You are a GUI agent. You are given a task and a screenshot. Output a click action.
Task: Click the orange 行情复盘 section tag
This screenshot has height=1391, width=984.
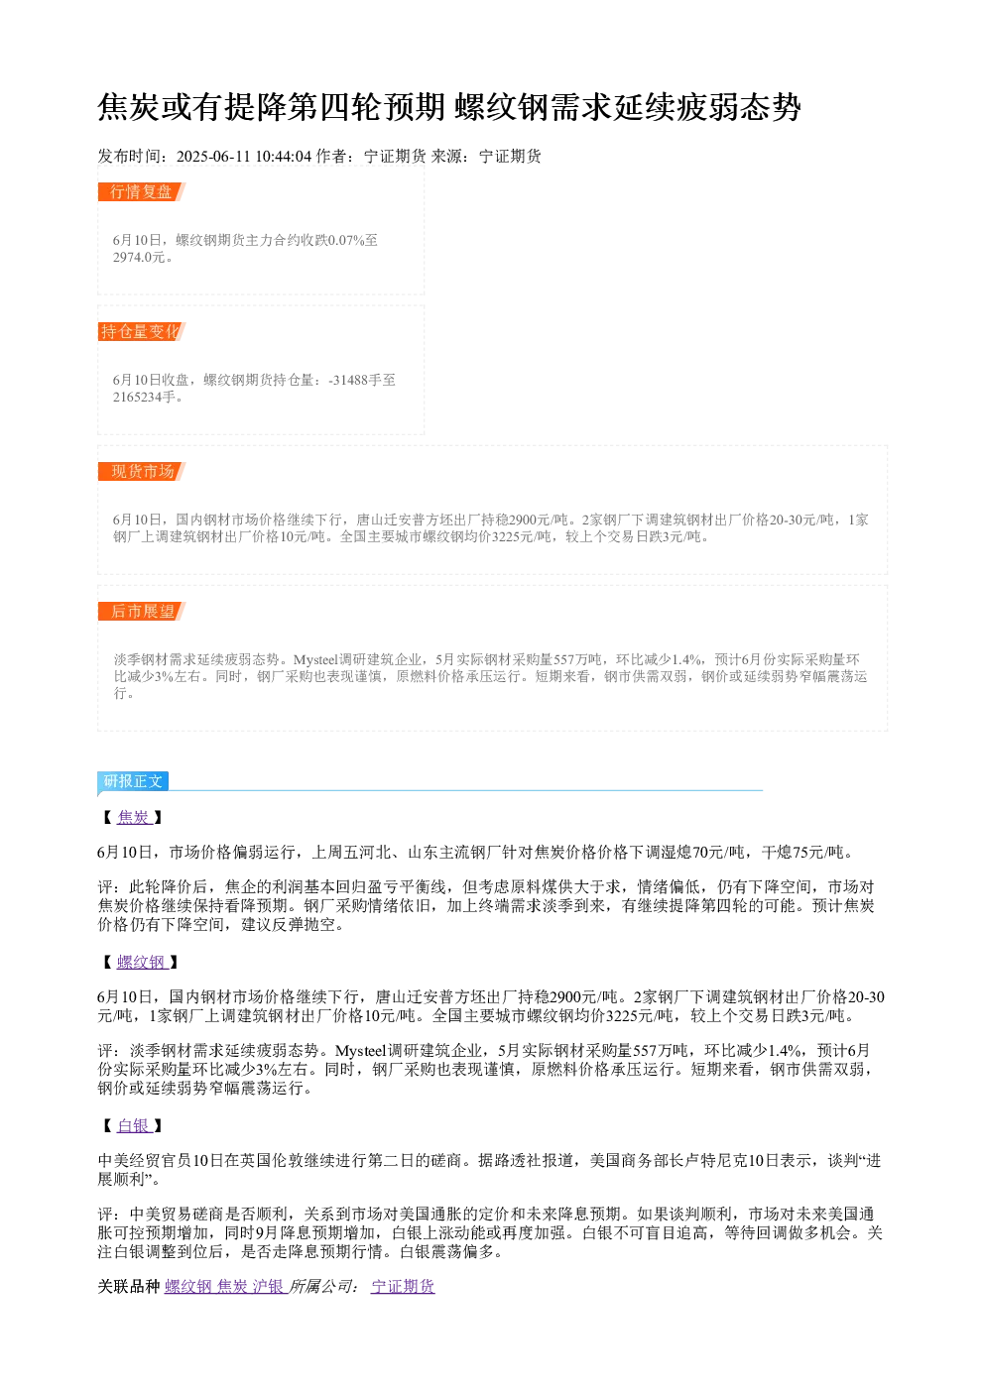coord(142,192)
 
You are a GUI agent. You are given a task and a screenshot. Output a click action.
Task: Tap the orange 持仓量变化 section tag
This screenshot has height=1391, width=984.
coord(142,331)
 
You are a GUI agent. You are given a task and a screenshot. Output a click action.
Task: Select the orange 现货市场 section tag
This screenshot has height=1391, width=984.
coord(142,471)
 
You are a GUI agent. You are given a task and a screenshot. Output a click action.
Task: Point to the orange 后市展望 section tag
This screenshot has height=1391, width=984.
coord(142,611)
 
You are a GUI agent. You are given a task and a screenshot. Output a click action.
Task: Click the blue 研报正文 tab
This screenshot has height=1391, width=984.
coord(133,780)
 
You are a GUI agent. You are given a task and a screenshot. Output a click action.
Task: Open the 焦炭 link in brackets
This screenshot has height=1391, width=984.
coord(134,817)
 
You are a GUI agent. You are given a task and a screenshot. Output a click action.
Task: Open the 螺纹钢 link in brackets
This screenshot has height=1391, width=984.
coord(142,962)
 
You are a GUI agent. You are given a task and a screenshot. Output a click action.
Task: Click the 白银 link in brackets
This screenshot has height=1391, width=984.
coord(134,1125)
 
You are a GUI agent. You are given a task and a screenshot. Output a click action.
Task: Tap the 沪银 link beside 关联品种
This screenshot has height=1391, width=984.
coord(269,1286)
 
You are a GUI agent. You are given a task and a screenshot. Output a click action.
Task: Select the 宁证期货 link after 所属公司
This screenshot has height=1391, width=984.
coord(403,1286)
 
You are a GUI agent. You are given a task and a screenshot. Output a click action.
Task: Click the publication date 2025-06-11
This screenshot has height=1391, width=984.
coord(213,157)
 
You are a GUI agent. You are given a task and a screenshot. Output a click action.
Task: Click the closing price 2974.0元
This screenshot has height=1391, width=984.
coord(139,258)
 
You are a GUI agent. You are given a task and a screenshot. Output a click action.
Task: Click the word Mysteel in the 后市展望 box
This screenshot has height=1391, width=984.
coord(317,659)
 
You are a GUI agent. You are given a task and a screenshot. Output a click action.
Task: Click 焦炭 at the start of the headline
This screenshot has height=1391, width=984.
coord(129,107)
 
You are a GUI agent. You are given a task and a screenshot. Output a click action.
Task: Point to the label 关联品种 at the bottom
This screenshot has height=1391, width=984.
coord(129,1286)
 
